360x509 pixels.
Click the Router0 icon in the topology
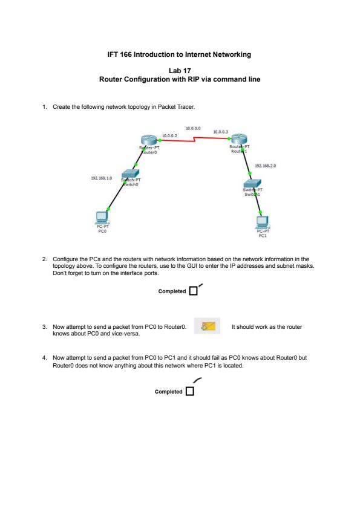click(x=149, y=140)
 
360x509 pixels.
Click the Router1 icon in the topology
click(x=240, y=138)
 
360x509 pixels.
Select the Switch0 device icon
click(x=131, y=173)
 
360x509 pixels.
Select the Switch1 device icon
click(x=252, y=183)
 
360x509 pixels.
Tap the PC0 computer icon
click(x=102, y=217)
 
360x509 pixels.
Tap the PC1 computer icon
click(x=262, y=222)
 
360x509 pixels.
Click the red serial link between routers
click(x=194, y=139)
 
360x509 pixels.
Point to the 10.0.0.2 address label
click(x=169, y=135)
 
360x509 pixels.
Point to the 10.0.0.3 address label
click(x=221, y=132)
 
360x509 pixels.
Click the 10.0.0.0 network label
click(x=193, y=128)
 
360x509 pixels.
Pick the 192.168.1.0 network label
click(x=102, y=178)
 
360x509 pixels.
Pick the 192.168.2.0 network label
click(x=266, y=166)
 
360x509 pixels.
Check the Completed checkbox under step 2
click(x=194, y=291)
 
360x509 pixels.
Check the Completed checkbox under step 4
click(x=190, y=391)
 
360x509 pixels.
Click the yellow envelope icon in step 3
click(x=208, y=326)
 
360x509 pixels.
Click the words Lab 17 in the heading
click(x=180, y=71)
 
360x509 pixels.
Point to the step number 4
click(x=45, y=358)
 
